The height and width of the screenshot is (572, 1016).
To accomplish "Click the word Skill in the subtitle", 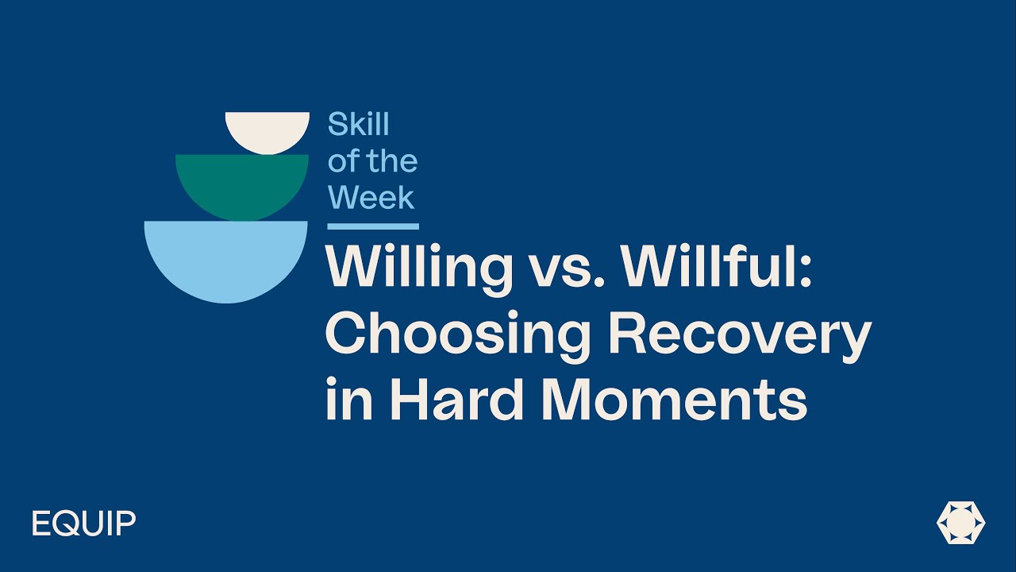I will coord(359,125).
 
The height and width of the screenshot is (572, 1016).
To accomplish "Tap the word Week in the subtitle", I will coord(371,197).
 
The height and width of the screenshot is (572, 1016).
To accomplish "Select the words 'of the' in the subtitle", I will coord(372,161).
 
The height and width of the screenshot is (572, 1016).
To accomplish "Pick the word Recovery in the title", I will coord(739,334).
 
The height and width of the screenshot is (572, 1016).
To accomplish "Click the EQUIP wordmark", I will coord(84,524).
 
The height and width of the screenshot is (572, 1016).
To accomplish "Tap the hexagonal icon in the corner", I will coord(960,524).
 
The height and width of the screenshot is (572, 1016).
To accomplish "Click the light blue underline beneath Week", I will coord(372,226).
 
